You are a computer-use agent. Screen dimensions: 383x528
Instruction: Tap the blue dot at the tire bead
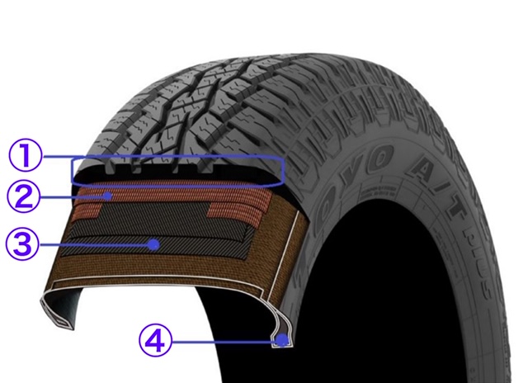tap(282, 338)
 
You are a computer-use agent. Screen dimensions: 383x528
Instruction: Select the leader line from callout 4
tap(223, 338)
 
